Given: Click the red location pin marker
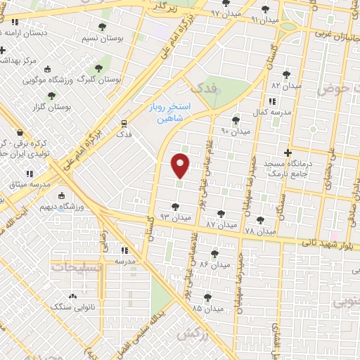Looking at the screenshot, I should click(x=181, y=165).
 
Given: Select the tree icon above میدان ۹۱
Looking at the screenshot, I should click(x=264, y=9).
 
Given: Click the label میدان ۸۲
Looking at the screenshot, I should click(x=286, y=85).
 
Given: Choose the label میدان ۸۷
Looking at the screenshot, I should click(x=221, y=224).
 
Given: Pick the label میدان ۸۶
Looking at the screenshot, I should click(x=214, y=264).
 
